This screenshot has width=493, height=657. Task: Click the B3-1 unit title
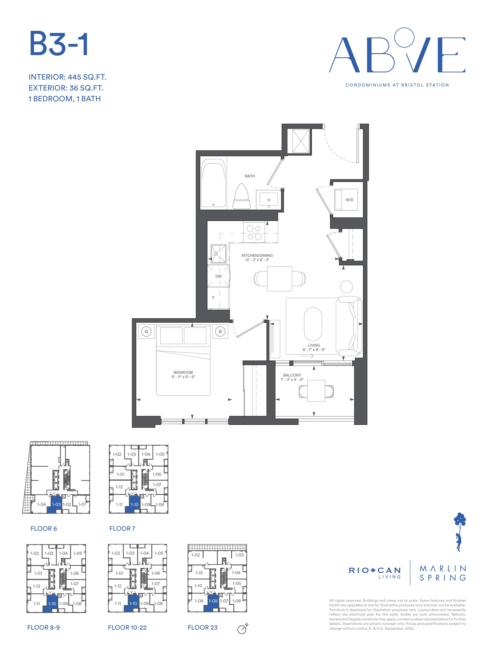(59, 44)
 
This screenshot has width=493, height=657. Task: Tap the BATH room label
(250, 176)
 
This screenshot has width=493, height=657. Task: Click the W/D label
(349, 200)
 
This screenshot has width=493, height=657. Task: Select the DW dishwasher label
(218, 276)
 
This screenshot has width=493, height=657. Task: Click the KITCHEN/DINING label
(257, 255)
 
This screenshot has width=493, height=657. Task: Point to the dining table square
(279, 279)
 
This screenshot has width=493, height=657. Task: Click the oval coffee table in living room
(313, 324)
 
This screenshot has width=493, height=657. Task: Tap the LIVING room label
(314, 345)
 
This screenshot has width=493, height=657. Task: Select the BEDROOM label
(183, 372)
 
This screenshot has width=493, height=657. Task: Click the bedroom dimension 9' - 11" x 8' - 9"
(183, 377)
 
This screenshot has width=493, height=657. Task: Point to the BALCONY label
(292, 375)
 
